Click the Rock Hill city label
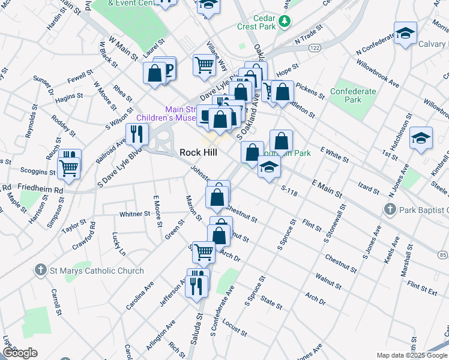pyautogui.click(x=198, y=152)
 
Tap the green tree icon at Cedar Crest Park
pyautogui.click(x=286, y=22)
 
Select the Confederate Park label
pyautogui.click(x=352, y=95)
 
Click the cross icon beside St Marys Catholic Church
pyautogui.click(x=41, y=271)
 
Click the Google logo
pyautogui.click(x=19, y=353)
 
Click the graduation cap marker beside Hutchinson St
pyautogui.click(x=421, y=138)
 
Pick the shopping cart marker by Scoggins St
pyautogui.click(x=69, y=169)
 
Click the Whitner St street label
pyautogui.click(x=134, y=214)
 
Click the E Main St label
pyautogui.click(x=327, y=187)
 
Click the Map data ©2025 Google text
pyautogui.click(x=411, y=355)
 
